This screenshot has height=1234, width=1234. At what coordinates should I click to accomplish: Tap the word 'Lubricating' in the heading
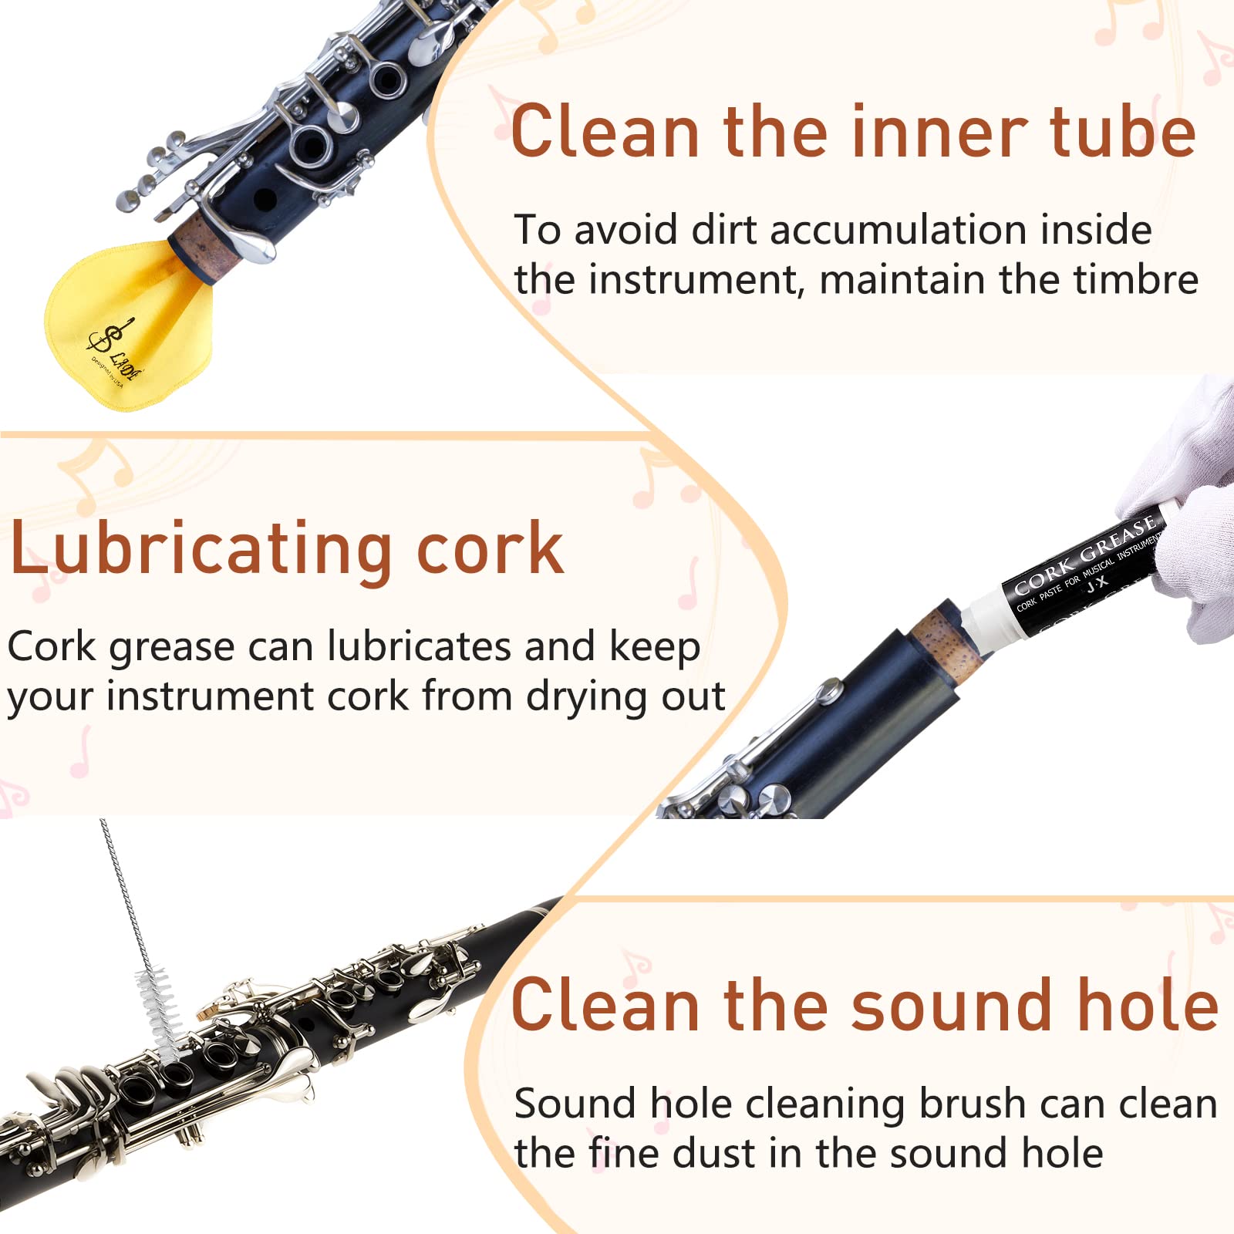[201, 549]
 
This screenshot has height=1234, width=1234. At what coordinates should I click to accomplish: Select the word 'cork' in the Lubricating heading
[491, 549]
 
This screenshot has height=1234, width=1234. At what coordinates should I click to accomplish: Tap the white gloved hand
[1188, 524]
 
